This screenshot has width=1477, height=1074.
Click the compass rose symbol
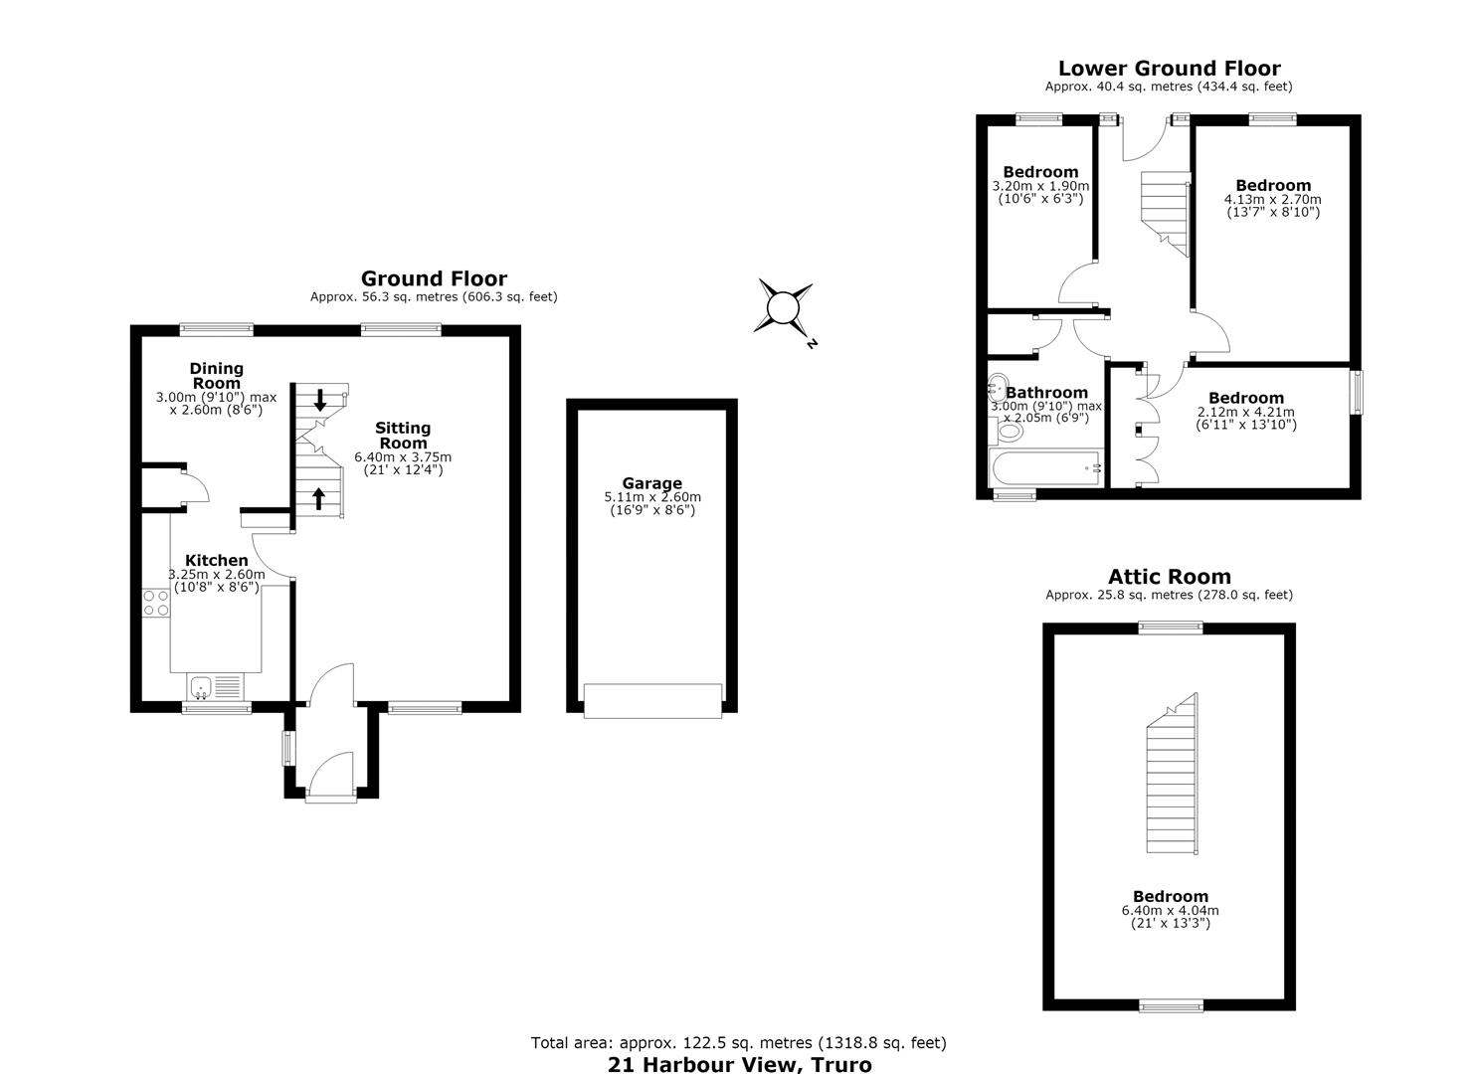coord(784,308)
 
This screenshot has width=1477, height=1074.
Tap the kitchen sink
coord(201,687)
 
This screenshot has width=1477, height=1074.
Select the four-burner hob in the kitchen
coord(156,603)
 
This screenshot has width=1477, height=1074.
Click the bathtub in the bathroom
coord(1045,468)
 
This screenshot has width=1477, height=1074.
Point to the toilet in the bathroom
coord(1006,432)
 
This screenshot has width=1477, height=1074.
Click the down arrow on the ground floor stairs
coord(320,400)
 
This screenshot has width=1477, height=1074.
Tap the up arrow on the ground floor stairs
coord(318,498)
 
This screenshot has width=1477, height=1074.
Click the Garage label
coord(652,483)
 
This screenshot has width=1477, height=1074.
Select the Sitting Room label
coord(403,436)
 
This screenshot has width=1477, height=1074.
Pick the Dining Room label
coord(216,376)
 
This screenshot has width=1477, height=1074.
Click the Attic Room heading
coord(1169,577)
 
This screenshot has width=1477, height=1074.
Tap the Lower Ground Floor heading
coord(1169,69)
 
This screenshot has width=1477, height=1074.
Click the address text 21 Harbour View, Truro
coord(740,1065)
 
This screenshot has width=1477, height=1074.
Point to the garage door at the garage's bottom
coord(652,701)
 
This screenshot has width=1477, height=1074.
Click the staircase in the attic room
coord(1173,774)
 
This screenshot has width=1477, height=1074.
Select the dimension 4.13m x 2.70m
coord(1272,199)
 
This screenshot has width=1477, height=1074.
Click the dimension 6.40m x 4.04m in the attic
coord(1171,911)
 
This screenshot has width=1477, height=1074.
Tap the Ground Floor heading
coord(434,278)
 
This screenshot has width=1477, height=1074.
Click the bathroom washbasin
coord(998,387)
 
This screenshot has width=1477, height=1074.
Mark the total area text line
coord(738,1043)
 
